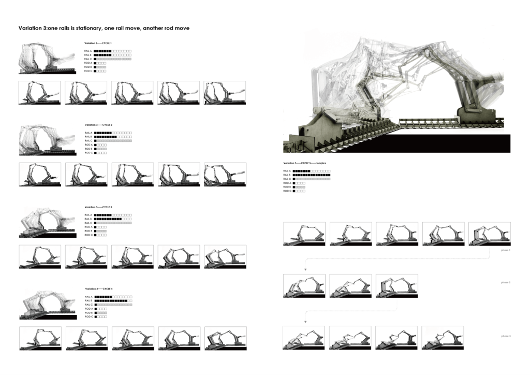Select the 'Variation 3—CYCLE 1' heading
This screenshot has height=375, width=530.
(x=98, y=43)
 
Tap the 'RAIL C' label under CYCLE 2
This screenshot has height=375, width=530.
(x=88, y=140)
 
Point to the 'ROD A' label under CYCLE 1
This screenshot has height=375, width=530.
(x=88, y=63)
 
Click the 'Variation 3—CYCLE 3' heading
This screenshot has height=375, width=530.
(x=98, y=207)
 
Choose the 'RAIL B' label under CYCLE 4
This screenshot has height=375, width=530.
(x=88, y=300)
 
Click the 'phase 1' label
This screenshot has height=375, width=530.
(x=506, y=250)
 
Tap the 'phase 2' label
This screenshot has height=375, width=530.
(x=506, y=282)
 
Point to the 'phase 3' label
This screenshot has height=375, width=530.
(x=506, y=336)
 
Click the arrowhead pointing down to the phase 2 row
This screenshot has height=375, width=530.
(x=305, y=270)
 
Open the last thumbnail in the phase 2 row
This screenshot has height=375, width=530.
(x=397, y=286)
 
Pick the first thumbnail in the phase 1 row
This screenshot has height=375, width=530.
(x=304, y=234)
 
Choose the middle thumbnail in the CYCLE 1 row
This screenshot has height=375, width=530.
(x=132, y=92)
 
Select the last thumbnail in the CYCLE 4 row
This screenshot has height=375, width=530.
(x=226, y=338)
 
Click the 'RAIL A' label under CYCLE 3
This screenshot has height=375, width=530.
(x=88, y=214)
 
